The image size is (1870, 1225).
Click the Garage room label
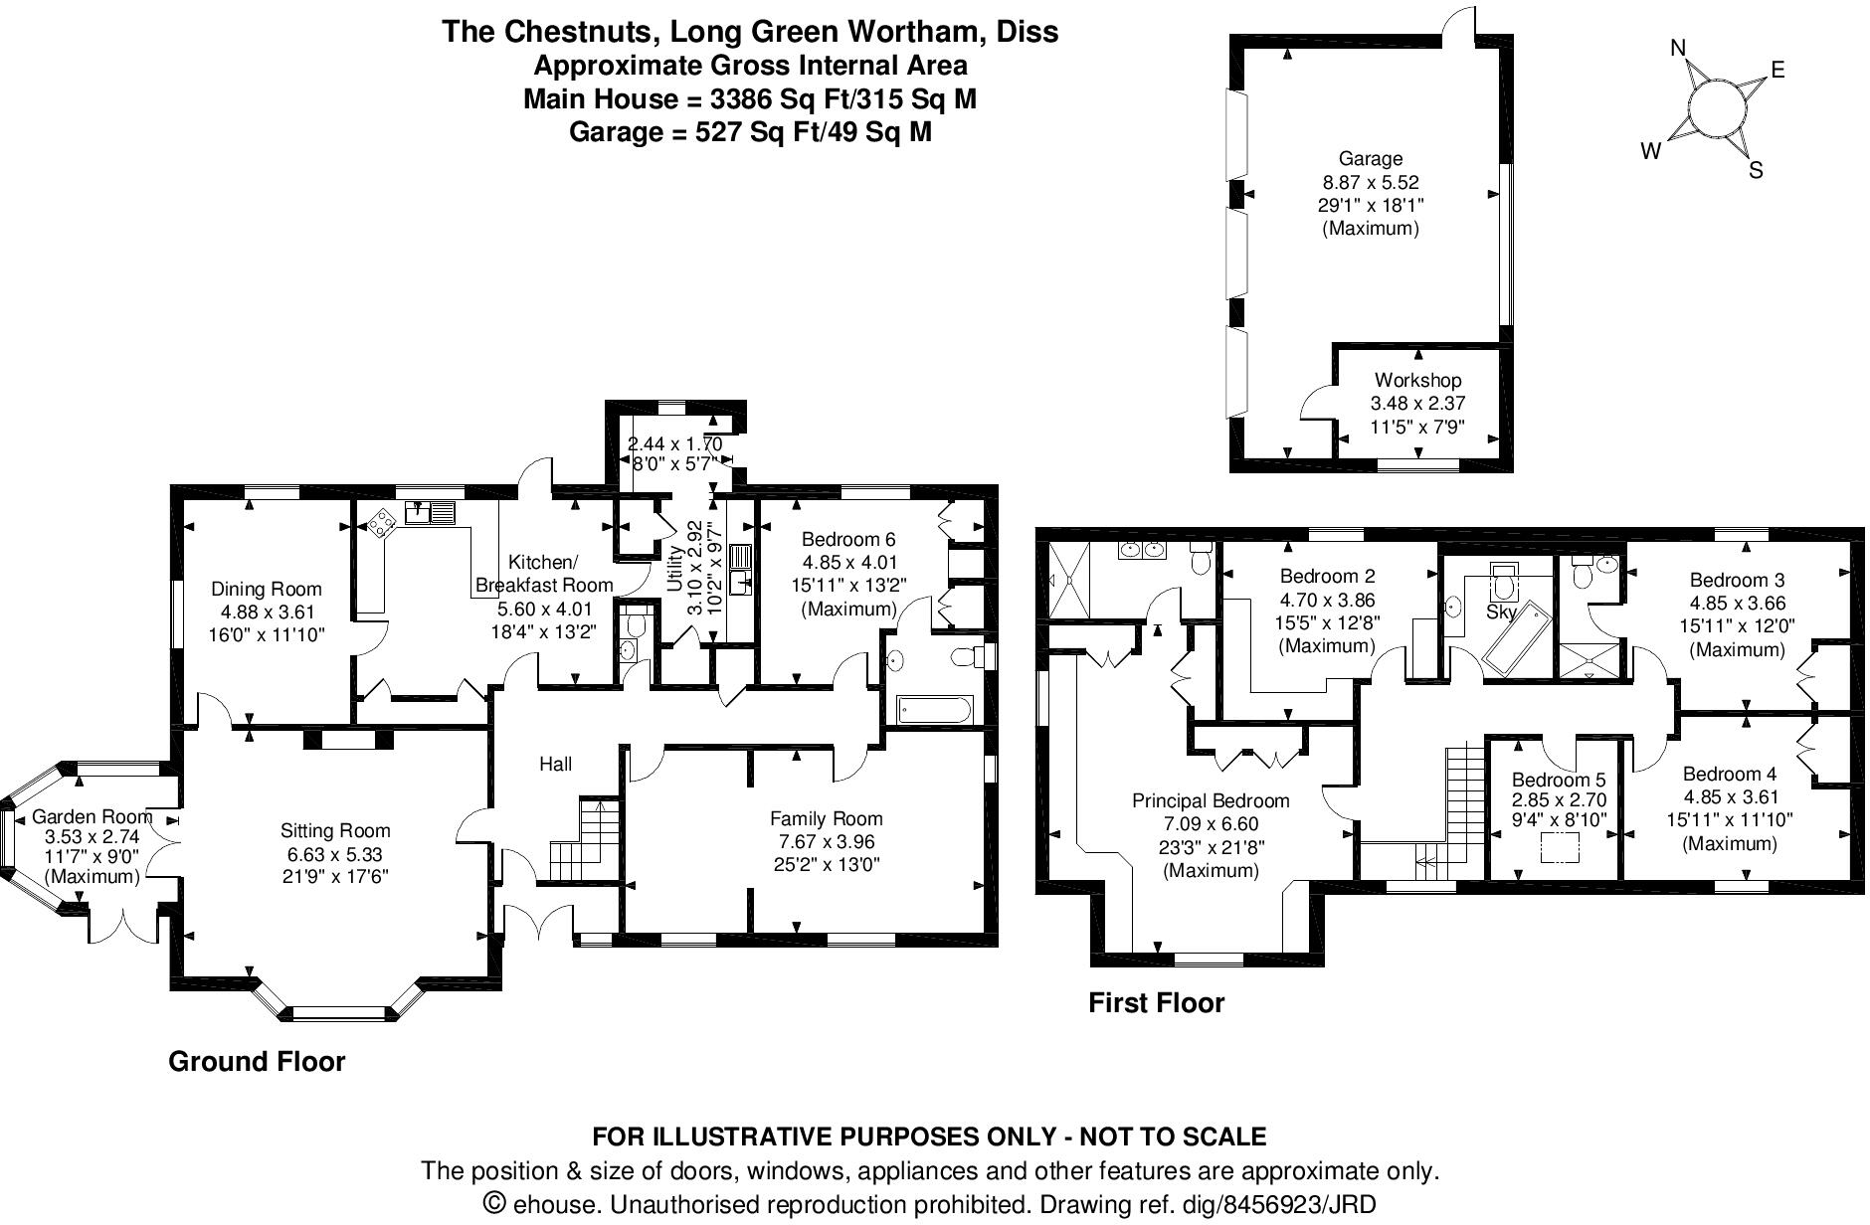point(1370,158)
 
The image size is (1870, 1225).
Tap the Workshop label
point(1417,380)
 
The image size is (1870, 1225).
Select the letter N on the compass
point(1678,49)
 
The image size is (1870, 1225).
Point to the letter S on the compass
point(1756,171)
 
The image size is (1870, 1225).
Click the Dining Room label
point(266,589)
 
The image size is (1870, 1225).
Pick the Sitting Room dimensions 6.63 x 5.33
point(335,854)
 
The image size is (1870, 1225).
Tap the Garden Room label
point(92,816)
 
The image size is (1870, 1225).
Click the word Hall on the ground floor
point(555,764)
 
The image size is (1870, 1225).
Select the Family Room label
point(826,818)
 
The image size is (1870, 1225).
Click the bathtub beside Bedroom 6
point(933,710)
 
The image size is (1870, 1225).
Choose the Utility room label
point(675,570)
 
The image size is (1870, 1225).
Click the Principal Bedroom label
point(1211,800)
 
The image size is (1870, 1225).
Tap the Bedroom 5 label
point(1558,781)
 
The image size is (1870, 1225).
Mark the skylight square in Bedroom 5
point(1560,848)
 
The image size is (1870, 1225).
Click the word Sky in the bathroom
point(1499,612)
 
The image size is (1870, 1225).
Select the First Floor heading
point(1156,1002)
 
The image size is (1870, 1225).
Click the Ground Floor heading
point(257,1061)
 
